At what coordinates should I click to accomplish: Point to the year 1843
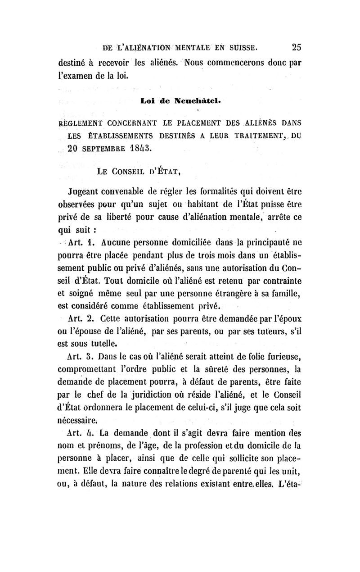click(140, 147)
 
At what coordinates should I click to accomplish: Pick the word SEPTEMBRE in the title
click(104, 147)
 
